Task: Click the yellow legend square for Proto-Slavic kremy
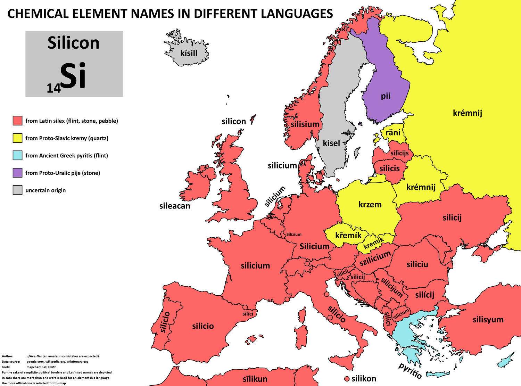[17, 138]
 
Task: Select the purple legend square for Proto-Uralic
[17, 173]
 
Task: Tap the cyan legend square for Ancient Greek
[17, 155]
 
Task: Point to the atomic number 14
[54, 89]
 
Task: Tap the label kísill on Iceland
[189, 53]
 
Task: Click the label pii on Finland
[386, 96]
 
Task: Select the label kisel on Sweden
[331, 143]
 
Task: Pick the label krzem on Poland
[370, 204]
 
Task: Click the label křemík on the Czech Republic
[348, 235]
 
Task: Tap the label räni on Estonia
[393, 132]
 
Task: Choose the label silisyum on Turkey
[488, 319]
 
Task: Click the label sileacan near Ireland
[175, 206]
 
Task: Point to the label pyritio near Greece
[410, 371]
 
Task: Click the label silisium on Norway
[305, 124]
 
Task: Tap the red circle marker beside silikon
[346, 379]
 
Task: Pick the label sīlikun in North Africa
[255, 379]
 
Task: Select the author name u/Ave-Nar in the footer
[36, 356]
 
